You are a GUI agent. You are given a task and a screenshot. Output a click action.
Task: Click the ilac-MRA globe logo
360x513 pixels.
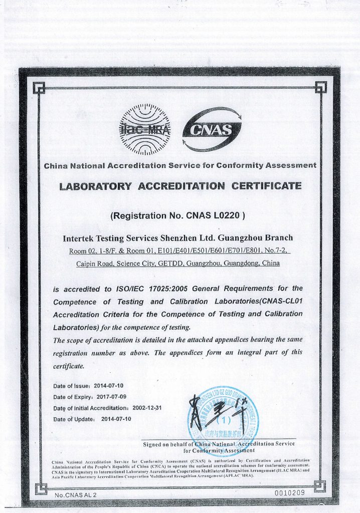[x=144, y=130]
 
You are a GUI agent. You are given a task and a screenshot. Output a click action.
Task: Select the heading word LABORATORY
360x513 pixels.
[x=95, y=186]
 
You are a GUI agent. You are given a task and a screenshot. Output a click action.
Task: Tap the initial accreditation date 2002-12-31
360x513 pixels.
[x=151, y=408]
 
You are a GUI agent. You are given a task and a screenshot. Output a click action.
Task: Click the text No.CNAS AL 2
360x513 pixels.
[x=75, y=495]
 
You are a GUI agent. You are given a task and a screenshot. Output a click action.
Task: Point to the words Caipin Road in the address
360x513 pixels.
[x=94, y=263]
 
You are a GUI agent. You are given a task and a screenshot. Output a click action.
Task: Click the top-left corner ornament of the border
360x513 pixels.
[x=37, y=89]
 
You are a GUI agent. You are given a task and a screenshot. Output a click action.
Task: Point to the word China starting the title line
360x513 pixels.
[x=55, y=165]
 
